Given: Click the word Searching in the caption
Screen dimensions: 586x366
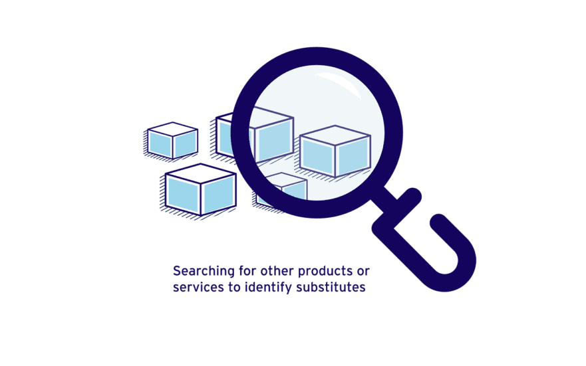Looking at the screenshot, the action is point(198,272).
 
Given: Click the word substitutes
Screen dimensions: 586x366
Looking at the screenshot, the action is point(331,287).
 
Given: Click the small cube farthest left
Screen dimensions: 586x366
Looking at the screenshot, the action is point(172,140).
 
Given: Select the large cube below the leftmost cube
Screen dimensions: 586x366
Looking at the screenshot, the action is point(201,189).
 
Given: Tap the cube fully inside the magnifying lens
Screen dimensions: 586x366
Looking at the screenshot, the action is point(335,151).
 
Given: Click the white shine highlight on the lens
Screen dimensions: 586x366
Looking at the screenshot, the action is point(338,84).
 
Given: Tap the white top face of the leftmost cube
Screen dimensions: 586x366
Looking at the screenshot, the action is point(173,129).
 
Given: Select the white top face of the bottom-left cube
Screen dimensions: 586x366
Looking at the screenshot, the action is point(201,173).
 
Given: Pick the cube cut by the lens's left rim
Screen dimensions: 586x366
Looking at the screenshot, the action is point(255,134).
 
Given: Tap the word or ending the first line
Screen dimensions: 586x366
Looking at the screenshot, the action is point(363,272).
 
